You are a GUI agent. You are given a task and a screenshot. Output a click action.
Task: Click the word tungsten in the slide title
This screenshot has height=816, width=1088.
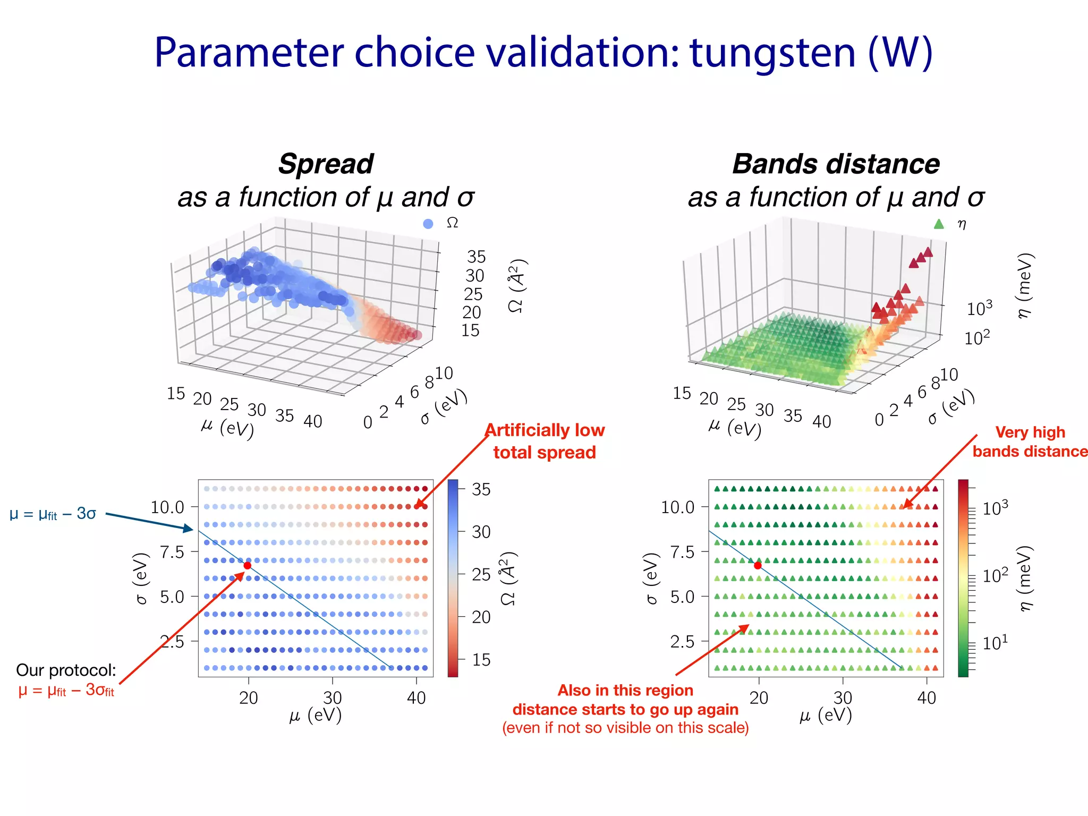pyautogui.click(x=772, y=53)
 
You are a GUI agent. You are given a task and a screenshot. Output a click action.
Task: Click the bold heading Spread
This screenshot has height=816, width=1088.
pyautogui.click(x=326, y=164)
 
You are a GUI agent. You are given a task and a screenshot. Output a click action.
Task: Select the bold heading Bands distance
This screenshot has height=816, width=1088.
pyautogui.click(x=836, y=164)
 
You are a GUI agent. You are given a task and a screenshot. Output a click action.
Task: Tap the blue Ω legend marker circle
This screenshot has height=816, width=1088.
pyautogui.click(x=428, y=224)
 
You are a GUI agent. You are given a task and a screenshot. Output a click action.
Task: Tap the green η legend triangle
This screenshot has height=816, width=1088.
pyautogui.click(x=939, y=224)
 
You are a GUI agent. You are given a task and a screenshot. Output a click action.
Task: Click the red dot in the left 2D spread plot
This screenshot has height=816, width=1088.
pyautogui.click(x=247, y=565)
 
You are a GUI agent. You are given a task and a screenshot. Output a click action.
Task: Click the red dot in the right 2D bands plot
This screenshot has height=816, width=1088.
pyautogui.click(x=758, y=565)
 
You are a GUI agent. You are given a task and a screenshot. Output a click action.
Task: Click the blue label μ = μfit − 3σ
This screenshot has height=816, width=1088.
pyautogui.click(x=53, y=514)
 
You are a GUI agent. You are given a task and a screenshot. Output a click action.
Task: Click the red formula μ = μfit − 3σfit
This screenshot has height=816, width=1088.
pyautogui.click(x=66, y=690)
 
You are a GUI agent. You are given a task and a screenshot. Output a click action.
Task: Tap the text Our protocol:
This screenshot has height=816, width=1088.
pyautogui.click(x=66, y=670)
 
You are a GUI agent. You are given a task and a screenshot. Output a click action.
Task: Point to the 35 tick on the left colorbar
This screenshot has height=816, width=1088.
pyautogui.click(x=481, y=489)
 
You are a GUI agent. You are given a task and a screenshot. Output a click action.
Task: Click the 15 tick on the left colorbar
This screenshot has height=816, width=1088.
pyautogui.click(x=481, y=660)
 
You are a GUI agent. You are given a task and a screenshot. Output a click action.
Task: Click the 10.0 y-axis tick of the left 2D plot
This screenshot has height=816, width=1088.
pyautogui.click(x=167, y=507)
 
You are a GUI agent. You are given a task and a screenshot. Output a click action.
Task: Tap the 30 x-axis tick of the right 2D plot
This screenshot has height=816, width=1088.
pyautogui.click(x=843, y=698)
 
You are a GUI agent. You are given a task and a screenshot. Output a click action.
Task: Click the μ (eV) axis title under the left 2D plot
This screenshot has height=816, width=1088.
pyautogui.click(x=315, y=716)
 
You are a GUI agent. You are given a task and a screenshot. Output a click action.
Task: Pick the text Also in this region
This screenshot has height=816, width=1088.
pyautogui.click(x=625, y=690)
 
